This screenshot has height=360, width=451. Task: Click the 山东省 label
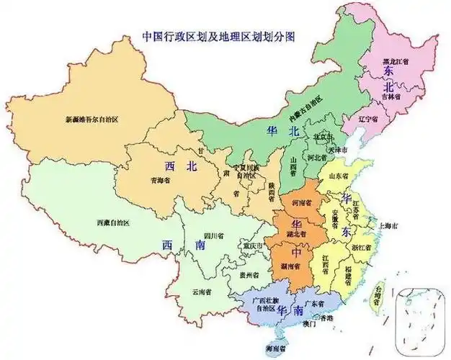[x=339, y=175]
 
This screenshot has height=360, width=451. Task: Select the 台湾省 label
[x=376, y=293]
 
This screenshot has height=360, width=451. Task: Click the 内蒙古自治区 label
[x=307, y=107]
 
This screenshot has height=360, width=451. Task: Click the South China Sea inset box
[x=421, y=318]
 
